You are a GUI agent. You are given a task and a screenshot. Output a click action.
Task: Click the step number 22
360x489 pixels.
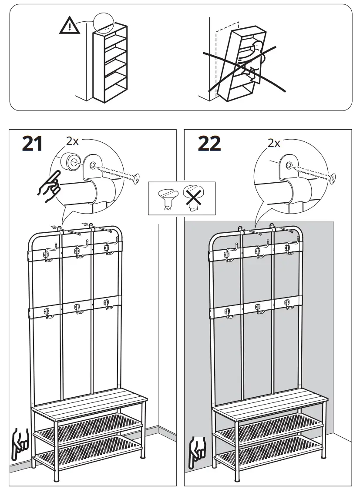click(209, 144)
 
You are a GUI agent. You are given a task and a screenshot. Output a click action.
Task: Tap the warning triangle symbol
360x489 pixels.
click(69, 27)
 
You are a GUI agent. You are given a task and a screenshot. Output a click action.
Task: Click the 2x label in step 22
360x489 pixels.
click(274, 143)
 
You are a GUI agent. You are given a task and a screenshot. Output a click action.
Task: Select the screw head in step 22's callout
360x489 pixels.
click(333, 177)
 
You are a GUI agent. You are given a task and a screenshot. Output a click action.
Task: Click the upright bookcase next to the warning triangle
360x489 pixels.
click(110, 63)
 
